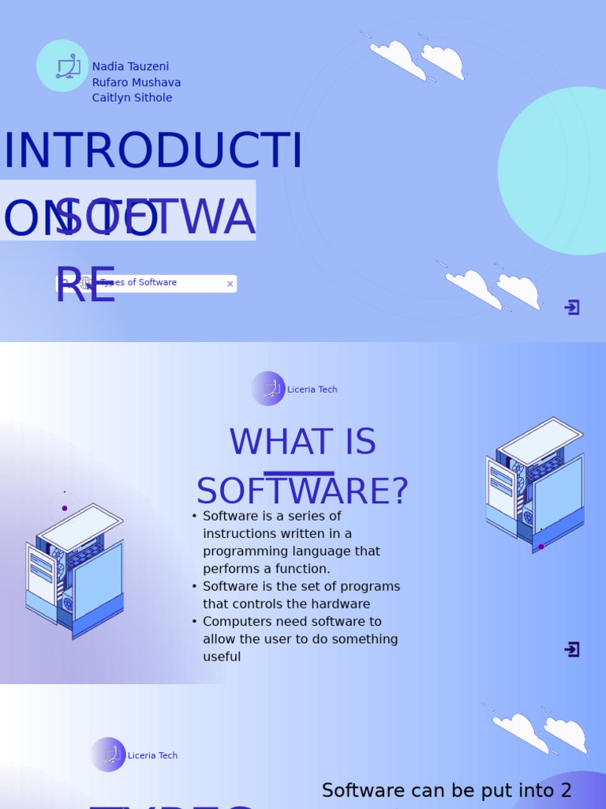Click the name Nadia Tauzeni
(130, 67)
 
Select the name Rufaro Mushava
(137, 83)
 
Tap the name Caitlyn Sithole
(132, 98)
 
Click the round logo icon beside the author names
(62, 66)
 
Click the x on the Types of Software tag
(230, 284)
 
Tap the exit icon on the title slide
(572, 307)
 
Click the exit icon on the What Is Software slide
(572, 649)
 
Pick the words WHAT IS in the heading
(302, 442)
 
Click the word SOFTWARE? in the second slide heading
(302, 491)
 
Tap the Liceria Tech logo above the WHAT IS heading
(268, 389)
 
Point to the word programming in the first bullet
(242, 551)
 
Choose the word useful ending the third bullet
(222, 657)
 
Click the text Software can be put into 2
(447, 791)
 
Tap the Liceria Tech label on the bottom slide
(152, 756)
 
